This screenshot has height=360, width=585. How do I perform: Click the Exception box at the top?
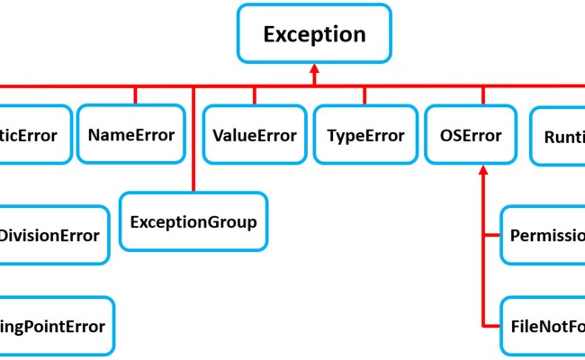[x=314, y=34]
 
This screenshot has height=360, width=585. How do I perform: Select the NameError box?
[x=131, y=135]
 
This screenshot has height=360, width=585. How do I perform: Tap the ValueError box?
[x=255, y=136]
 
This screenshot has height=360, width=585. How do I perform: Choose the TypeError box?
[x=365, y=136]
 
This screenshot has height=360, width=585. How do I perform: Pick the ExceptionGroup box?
[x=193, y=221]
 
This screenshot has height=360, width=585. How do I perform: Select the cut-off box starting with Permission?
[x=544, y=236]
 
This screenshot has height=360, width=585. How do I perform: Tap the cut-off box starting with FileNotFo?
[x=544, y=325]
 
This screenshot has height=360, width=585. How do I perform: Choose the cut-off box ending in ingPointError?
[x=54, y=326]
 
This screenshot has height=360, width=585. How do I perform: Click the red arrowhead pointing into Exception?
[x=314, y=70]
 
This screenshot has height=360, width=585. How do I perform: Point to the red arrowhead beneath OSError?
[x=483, y=171]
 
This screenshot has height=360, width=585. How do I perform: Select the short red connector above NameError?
[x=135, y=95]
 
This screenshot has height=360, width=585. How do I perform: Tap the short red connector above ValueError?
[x=255, y=95]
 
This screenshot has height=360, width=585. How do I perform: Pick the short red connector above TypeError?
[x=364, y=95]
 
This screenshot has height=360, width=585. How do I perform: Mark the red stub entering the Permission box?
[x=491, y=236]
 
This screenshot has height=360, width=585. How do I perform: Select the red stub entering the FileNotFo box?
[x=491, y=325]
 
